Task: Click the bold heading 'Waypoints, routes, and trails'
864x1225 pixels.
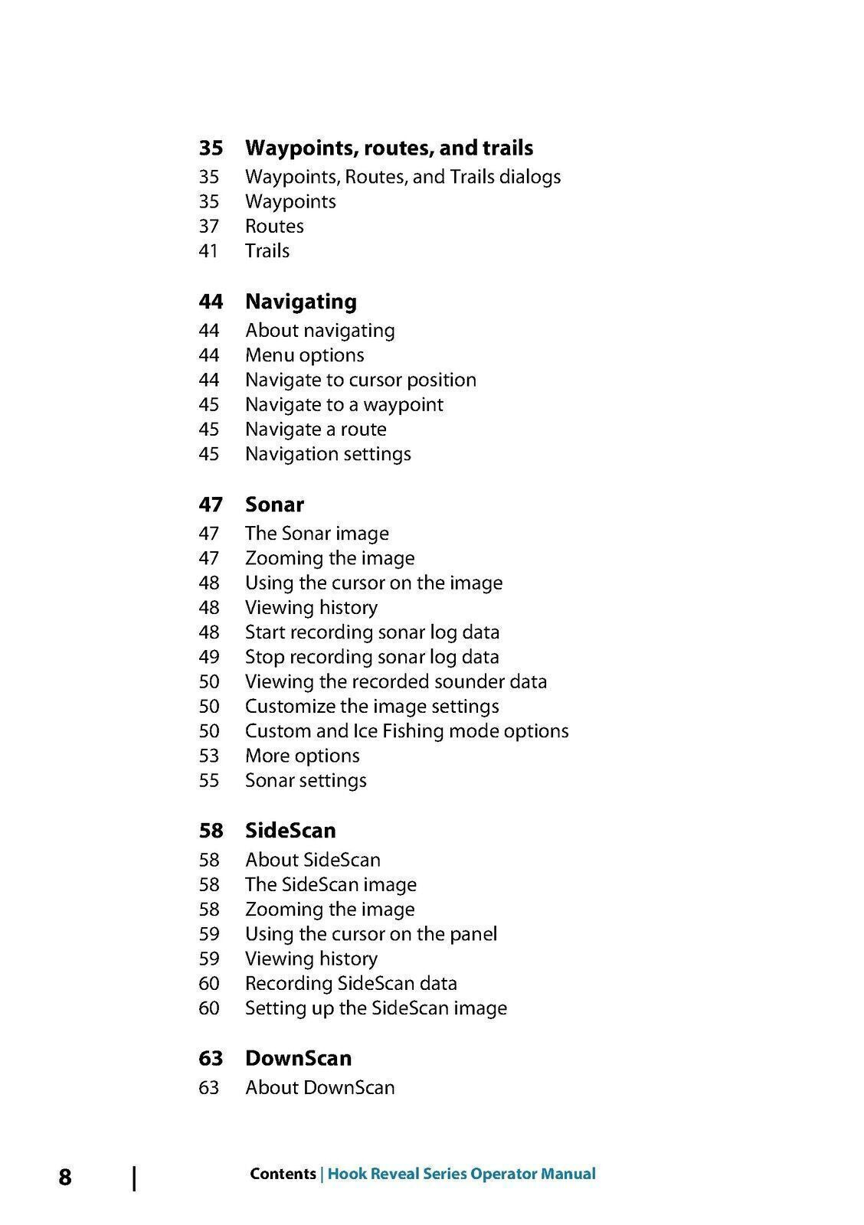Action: pos(389,148)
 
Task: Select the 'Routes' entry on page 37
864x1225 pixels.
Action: pos(274,227)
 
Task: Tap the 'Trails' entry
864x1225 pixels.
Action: pos(267,251)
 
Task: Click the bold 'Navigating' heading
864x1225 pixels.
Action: pos(301,302)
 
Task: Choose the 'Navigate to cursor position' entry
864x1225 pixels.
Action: pos(361,381)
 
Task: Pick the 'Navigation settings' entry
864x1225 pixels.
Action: pos(328,454)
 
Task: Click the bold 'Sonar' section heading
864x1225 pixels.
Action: pos(274,505)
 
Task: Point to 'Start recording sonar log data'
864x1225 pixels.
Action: pos(372,632)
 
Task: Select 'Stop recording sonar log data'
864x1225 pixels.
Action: pos(372,657)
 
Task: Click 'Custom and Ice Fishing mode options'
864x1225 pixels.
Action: pos(407,731)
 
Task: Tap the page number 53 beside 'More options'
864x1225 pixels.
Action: pos(209,756)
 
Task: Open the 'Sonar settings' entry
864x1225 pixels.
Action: pos(306,781)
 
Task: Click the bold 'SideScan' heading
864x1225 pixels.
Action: pos(290,831)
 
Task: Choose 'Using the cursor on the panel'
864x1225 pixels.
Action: pos(371,934)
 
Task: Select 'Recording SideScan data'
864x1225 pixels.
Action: pos(351,984)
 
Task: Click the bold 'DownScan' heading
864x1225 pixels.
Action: pos(298,1058)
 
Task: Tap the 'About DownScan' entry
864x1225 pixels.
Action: pos(319,1088)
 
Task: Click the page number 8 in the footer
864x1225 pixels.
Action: pos(65,1177)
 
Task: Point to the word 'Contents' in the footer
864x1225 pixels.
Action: pos(283,1174)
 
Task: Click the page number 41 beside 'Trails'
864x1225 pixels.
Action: pos(209,251)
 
